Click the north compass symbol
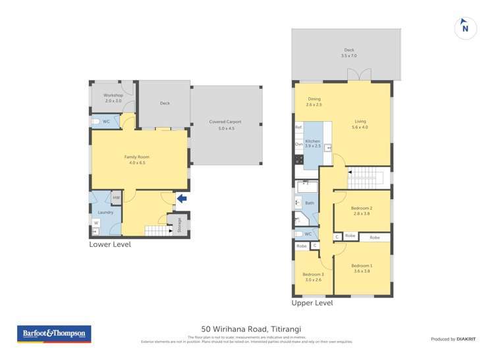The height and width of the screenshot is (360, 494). [465, 28]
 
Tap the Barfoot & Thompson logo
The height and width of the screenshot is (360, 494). [54, 334]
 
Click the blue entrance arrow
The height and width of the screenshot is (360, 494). [182, 198]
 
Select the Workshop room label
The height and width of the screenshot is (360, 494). [113, 97]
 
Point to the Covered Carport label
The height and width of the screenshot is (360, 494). [225, 124]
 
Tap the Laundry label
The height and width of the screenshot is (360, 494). [105, 212]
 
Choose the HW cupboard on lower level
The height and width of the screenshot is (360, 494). [116, 197]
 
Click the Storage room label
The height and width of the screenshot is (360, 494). [178, 225]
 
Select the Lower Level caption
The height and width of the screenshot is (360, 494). [110, 244]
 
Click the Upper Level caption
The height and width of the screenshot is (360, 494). [312, 303]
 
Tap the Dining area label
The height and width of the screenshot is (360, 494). [314, 101]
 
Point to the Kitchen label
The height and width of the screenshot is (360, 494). [312, 143]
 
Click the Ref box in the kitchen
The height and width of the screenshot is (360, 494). [298, 127]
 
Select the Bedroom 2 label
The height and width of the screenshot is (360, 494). [362, 211]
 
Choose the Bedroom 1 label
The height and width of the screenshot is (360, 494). [362, 268]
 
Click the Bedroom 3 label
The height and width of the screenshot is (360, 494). [313, 276]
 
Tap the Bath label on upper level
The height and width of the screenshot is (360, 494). [309, 203]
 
